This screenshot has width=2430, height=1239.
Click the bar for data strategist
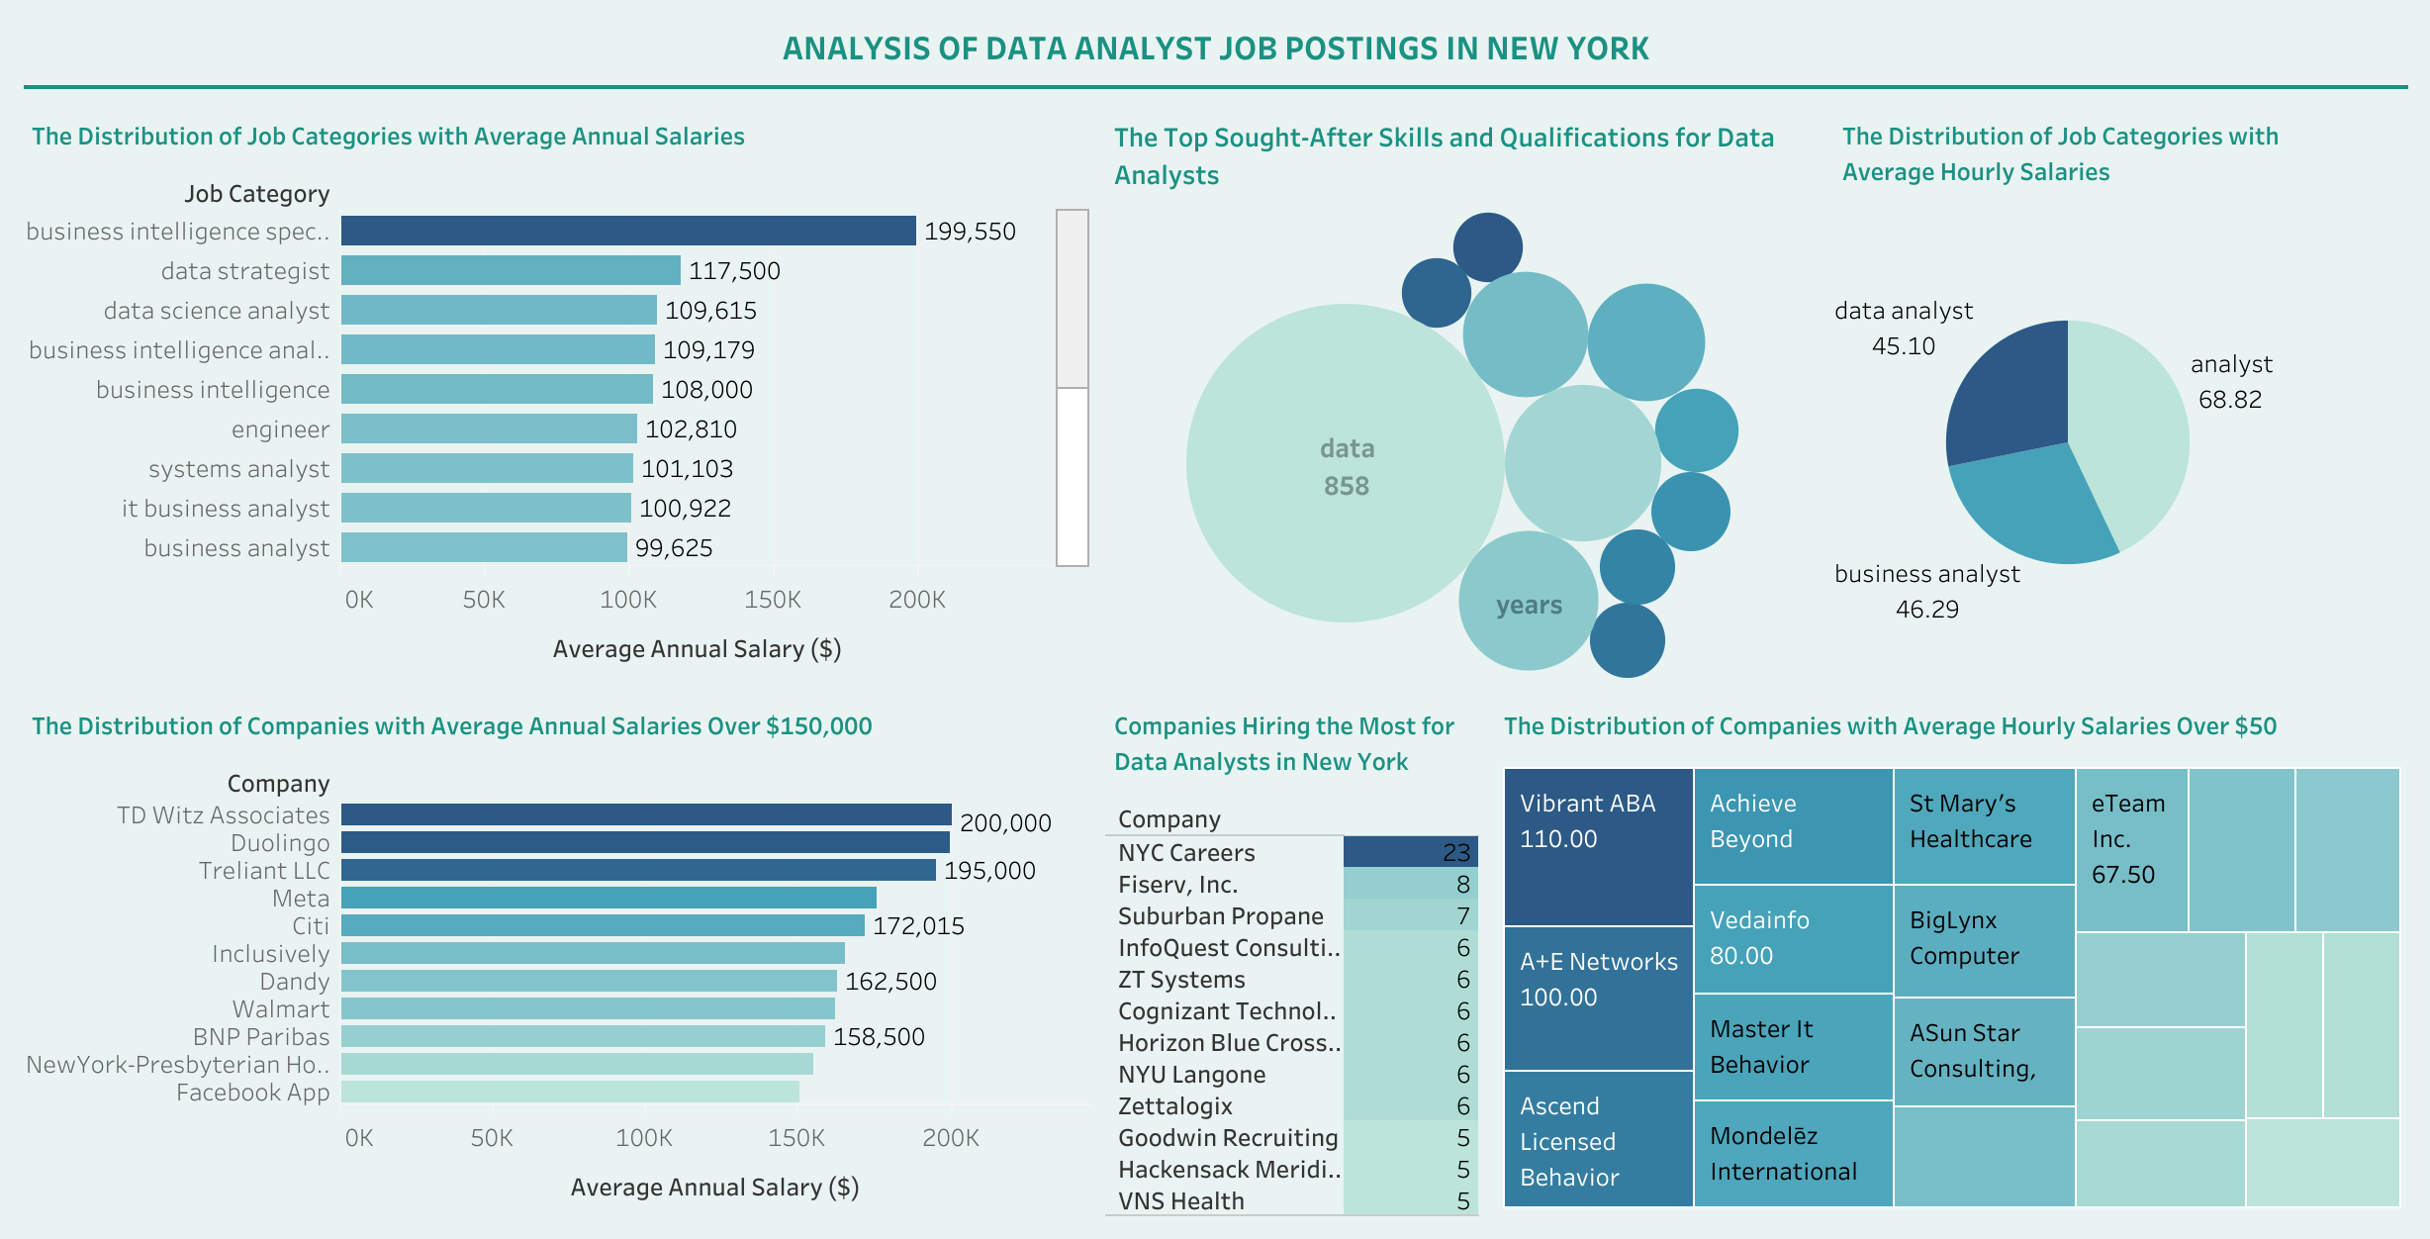click(511, 270)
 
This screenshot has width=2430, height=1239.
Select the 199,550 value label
click(970, 232)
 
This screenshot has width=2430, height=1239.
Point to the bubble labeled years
click(1529, 602)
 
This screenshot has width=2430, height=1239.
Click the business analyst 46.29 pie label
click(1927, 591)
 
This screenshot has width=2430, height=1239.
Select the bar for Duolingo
click(645, 842)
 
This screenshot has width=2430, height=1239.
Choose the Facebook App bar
click(570, 1092)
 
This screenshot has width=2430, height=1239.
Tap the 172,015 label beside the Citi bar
click(918, 926)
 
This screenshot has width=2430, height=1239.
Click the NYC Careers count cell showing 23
click(1410, 852)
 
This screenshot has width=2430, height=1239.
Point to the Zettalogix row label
click(1175, 1106)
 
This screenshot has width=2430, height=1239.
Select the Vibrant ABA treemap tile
click(1598, 846)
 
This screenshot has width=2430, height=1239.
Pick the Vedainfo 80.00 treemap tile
click(1793, 938)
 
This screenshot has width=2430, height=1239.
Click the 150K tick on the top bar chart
click(773, 600)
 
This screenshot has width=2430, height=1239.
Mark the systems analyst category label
click(238, 469)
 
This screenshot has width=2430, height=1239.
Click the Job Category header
click(256, 194)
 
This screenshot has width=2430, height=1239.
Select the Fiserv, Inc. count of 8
click(1410, 884)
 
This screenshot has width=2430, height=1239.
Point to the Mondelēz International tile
click(1793, 1153)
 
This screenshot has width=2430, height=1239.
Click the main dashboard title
click(1215, 48)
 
